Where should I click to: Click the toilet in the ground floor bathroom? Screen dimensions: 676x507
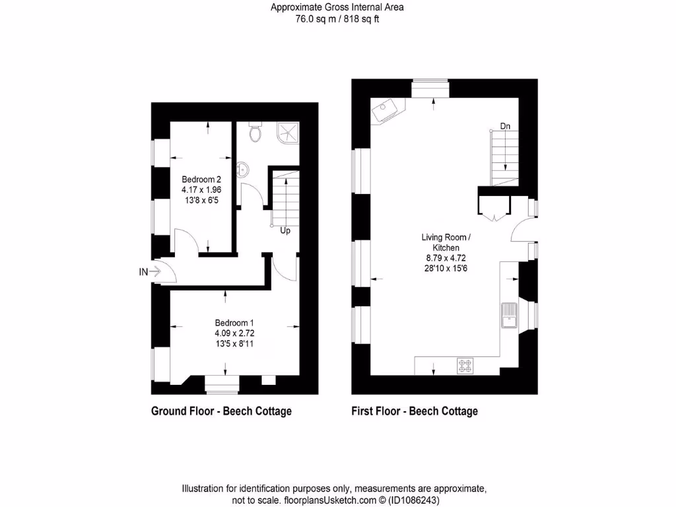pos(255,134)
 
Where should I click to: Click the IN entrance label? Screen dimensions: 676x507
pos(143,271)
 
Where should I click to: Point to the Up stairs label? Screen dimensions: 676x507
pos(285,231)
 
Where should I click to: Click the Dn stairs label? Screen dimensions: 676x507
pos(505,125)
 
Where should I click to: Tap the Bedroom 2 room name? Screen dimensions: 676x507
pos(201,179)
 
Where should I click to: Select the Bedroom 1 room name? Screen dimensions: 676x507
pos(234,323)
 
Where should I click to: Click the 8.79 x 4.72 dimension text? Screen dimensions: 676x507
pos(446,258)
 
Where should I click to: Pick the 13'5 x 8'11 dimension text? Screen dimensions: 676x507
pos(234,343)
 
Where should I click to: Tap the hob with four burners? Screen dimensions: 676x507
pos(465,365)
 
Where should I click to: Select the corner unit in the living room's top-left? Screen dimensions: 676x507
pos(387,110)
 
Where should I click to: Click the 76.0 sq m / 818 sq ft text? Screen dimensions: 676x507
pos(337,19)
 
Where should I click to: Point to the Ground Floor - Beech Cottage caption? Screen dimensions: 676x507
pos(221,411)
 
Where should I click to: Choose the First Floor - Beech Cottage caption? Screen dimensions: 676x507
pos(415,411)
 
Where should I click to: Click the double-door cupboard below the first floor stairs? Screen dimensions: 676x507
pos(494,205)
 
